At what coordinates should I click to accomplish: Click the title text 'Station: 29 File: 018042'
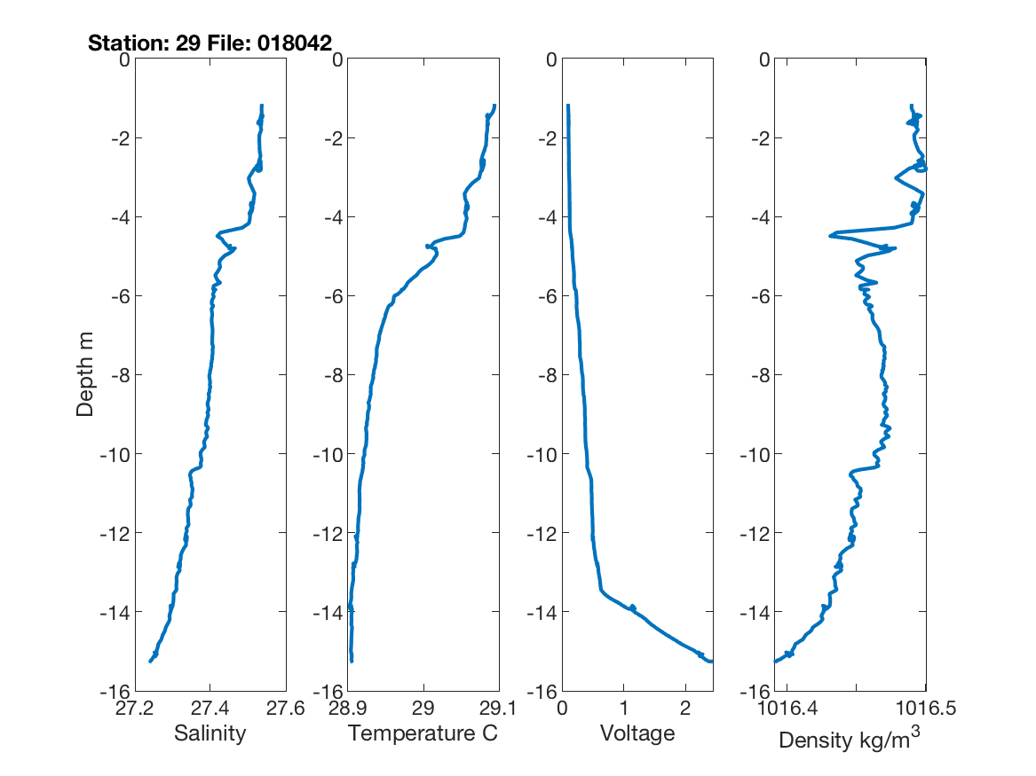(x=210, y=43)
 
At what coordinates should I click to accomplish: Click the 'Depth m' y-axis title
(x=85, y=374)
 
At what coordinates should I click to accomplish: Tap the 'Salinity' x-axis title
(x=210, y=733)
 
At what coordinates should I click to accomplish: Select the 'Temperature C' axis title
(x=423, y=733)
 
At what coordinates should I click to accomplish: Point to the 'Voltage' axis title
(x=637, y=733)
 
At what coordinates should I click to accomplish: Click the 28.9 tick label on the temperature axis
(x=348, y=709)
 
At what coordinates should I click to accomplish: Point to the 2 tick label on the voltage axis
(x=684, y=709)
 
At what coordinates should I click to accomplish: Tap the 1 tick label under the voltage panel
(x=623, y=709)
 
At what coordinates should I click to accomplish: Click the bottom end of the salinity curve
(x=150, y=661)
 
